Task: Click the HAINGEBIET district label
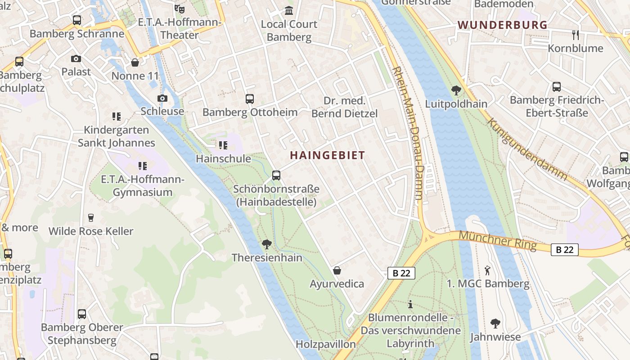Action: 327,155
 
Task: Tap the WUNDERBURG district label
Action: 503,25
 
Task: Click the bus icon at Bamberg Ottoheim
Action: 249,99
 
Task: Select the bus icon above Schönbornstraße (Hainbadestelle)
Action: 276,175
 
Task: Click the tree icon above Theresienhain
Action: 267,244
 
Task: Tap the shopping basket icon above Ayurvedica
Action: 337,270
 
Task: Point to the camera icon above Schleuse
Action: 162,98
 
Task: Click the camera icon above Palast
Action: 76,58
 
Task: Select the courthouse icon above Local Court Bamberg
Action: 289,10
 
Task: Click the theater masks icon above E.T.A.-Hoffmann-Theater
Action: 180,9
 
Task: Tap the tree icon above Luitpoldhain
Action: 456,90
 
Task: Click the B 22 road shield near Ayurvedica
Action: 401,273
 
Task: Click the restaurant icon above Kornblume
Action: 575,35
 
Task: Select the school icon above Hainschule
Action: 223,145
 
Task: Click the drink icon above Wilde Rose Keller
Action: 91,218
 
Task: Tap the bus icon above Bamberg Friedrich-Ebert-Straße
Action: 556,87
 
